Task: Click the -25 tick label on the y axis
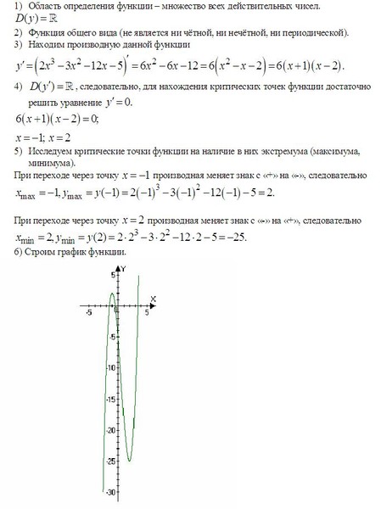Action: coord(110,461)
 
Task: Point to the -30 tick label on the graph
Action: coord(110,492)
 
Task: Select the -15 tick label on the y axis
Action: coord(110,399)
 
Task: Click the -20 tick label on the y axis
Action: coord(110,430)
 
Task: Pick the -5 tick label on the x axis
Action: coord(88,313)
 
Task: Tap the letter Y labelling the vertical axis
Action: coord(124,269)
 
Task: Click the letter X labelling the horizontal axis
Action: coord(152,298)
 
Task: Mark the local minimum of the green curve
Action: coord(130,461)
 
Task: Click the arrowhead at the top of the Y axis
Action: coord(118,267)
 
